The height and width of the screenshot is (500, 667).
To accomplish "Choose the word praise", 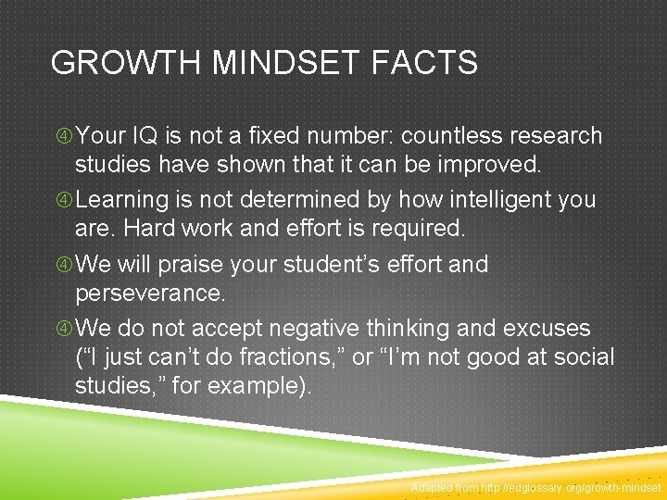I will pos(196,264).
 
